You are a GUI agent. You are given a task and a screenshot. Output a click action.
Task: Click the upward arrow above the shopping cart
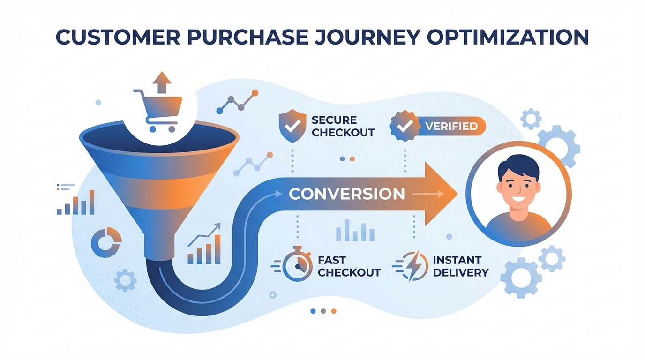(162, 82)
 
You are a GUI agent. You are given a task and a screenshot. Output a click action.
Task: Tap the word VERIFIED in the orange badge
(451, 126)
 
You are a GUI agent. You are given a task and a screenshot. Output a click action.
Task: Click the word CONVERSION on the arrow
(346, 194)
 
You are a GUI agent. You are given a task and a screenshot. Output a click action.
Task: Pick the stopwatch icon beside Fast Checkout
(298, 266)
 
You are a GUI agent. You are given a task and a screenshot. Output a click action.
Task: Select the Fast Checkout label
(349, 266)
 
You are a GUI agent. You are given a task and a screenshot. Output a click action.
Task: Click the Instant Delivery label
(460, 266)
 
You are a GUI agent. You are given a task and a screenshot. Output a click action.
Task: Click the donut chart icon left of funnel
(106, 242)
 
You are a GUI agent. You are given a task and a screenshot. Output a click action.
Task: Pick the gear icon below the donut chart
(125, 280)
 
